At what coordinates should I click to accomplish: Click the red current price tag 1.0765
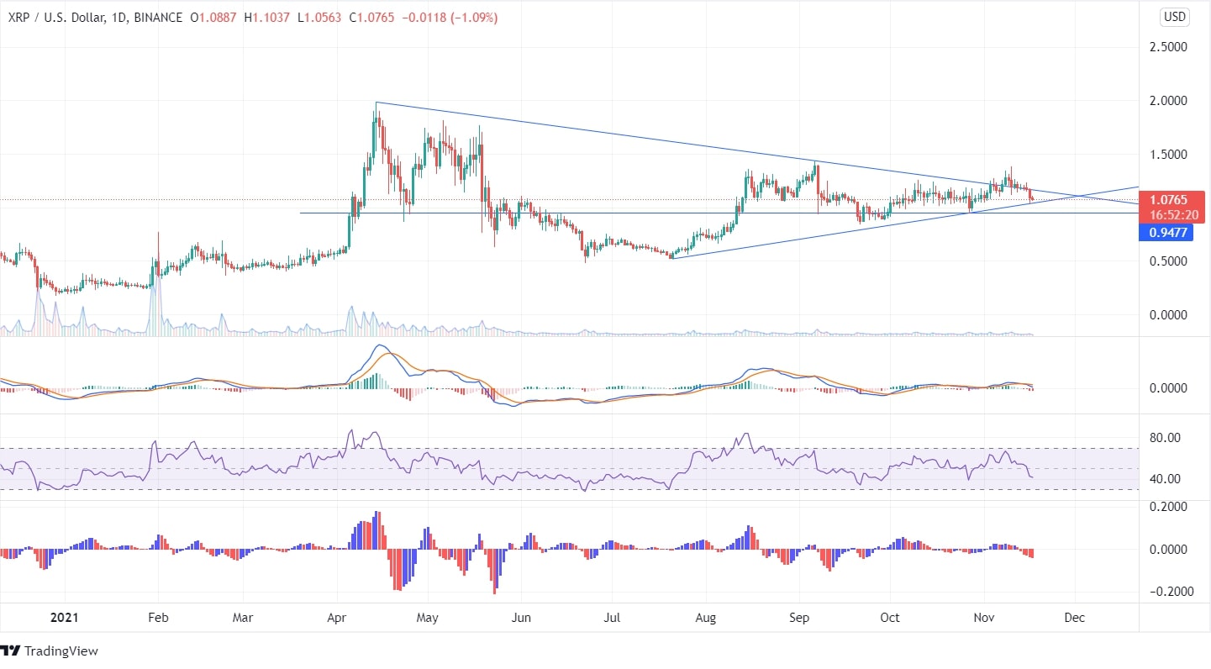pyautogui.click(x=1168, y=200)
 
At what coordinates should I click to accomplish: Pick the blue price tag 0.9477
pyautogui.click(x=1168, y=233)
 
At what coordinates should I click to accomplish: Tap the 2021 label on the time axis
pyautogui.click(x=64, y=618)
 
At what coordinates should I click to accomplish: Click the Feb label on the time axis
pyautogui.click(x=158, y=618)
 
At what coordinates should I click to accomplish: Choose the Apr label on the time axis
pyautogui.click(x=338, y=618)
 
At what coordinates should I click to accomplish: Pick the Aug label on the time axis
pyautogui.click(x=706, y=618)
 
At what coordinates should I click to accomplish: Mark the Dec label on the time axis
pyautogui.click(x=1074, y=618)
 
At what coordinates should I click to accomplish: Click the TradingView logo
pyautogui.click(x=50, y=651)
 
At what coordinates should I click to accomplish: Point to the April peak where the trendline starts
pyautogui.click(x=376, y=103)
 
